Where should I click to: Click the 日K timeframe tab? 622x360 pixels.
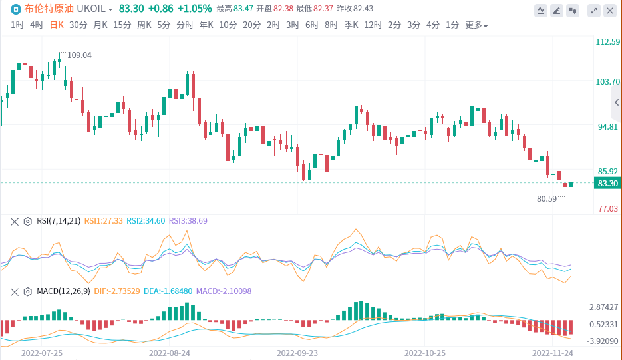57,25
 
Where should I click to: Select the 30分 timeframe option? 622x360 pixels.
78,25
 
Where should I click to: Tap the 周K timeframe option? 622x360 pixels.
144,25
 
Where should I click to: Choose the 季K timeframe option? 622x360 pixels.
351,25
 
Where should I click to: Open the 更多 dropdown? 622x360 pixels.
476,25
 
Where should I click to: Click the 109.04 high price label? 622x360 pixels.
79,55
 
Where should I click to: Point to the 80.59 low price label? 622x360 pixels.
547,198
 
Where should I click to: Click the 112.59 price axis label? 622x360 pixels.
607,42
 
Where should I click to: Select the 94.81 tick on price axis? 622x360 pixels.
607,126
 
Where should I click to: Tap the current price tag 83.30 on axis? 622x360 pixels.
608,184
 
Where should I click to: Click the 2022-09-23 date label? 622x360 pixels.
297,353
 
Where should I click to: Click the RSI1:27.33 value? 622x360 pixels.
103,221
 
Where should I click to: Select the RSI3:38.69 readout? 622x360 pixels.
188,221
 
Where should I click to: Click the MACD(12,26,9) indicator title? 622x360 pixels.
63,291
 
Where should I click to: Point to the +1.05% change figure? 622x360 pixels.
195,9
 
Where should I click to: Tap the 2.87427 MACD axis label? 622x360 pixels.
603,307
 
